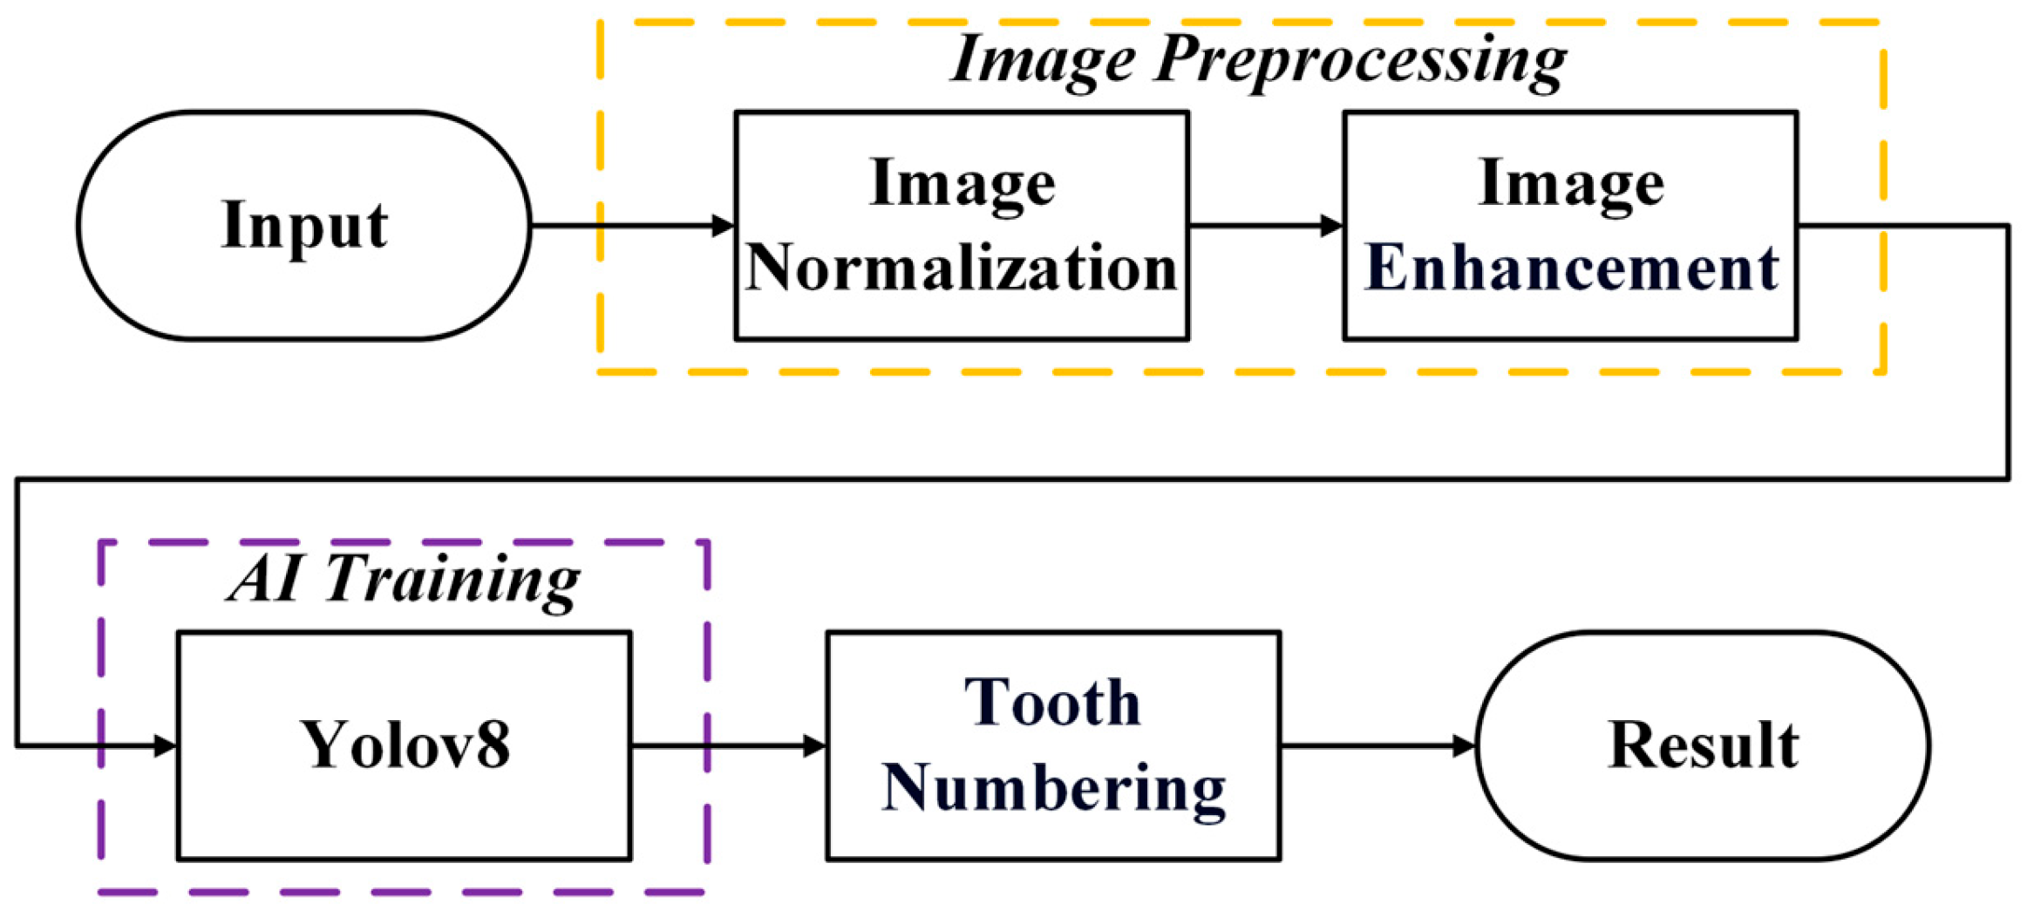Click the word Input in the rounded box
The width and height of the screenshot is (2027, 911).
[x=303, y=225]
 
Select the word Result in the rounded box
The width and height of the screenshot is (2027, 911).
[x=1702, y=745]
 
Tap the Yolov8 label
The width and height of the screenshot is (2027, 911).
[x=405, y=745]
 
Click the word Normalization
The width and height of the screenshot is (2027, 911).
[x=961, y=267]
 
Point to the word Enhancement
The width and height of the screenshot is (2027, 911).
[x=1570, y=267]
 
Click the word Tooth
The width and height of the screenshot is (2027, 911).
[x=1052, y=703]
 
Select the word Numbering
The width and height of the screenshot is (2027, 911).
[x=1053, y=787]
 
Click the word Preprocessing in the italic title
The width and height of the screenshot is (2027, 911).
[x=1360, y=61]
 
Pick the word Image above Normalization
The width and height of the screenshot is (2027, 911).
[x=962, y=183]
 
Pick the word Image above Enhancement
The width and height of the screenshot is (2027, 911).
[x=1570, y=183]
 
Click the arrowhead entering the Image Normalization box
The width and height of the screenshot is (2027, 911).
[x=724, y=226]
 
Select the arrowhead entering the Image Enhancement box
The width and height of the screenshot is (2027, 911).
[x=1331, y=226]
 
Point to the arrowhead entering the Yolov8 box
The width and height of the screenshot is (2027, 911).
[x=165, y=746]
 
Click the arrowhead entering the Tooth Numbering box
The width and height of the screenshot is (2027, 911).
[x=813, y=746]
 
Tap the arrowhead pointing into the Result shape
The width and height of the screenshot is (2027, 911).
[x=1464, y=746]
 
